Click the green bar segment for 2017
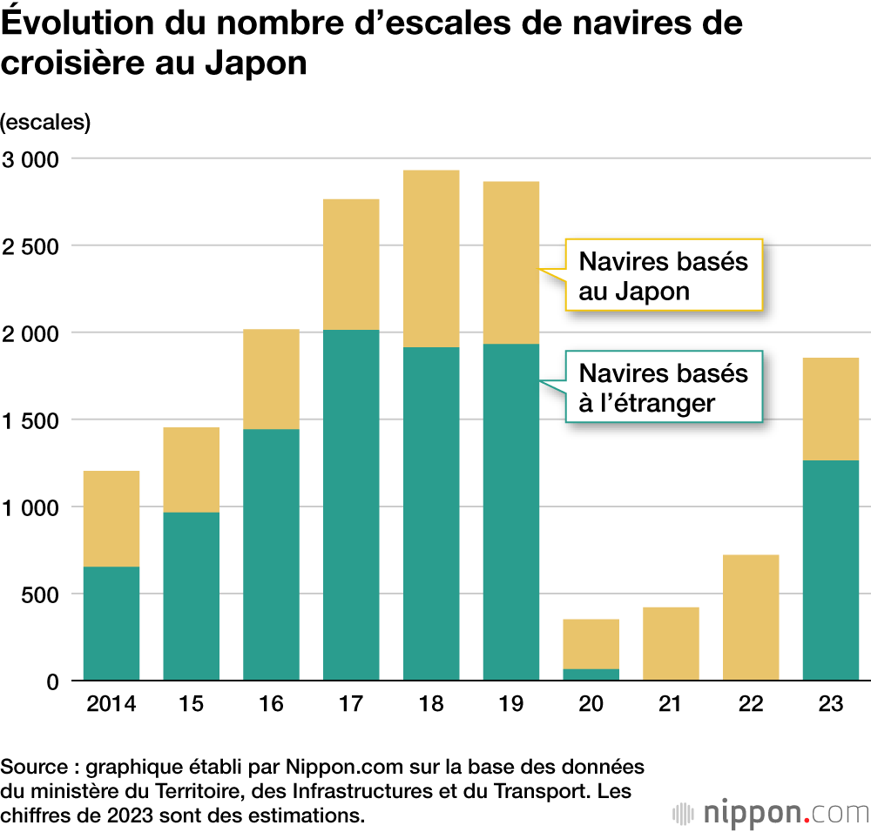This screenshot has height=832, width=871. tap(351, 505)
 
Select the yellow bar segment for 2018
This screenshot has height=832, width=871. tap(431, 258)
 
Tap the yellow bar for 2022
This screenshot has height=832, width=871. tap(751, 617)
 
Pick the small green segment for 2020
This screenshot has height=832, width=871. tap(591, 674)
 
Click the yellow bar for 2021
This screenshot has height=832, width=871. tap(671, 643)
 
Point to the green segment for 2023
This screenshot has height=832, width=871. tap(830, 570)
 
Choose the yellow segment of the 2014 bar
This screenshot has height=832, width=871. tap(111, 519)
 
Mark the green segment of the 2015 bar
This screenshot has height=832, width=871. tap(192, 596)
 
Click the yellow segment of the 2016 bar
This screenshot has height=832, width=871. tap(271, 379)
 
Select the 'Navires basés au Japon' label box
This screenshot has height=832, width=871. tap(664, 275)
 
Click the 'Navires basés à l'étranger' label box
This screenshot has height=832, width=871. tap(664, 387)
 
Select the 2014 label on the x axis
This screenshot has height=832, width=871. tap(111, 703)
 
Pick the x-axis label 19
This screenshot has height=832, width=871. tap(511, 703)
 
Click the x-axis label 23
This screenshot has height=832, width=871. tap(830, 703)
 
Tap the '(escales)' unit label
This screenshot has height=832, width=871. tap(46, 122)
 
